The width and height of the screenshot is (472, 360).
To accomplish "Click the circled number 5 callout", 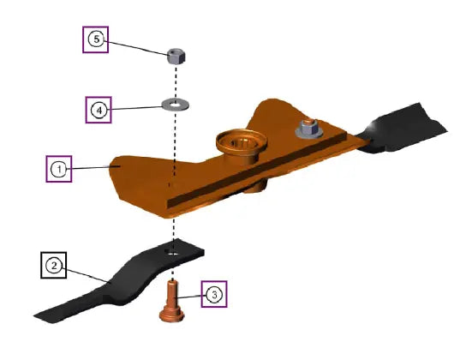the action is point(96,39).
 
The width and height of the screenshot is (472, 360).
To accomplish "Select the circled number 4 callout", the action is point(99,111).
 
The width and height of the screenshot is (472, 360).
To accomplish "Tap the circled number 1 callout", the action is point(59,169).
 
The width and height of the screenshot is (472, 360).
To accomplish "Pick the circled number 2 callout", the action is point(54,266).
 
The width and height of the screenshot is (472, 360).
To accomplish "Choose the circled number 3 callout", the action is point(214,294).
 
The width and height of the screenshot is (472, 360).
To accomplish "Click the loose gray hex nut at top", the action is point(176,57).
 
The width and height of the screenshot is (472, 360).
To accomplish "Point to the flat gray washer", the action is point(176,105).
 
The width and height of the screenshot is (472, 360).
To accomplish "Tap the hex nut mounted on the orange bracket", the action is point(309,130).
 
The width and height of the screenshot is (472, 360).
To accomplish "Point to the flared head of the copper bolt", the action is point(171,315).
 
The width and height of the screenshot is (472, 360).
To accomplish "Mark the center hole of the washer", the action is point(174,105).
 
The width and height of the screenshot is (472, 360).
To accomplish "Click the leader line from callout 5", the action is point(138,48).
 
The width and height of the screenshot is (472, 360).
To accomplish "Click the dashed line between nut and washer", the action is point(176,81).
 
